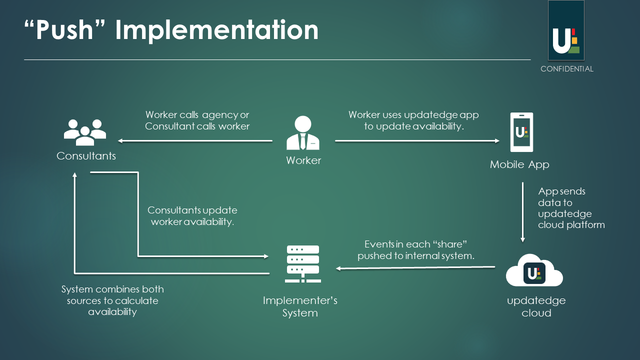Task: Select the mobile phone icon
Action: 521,132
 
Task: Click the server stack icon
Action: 302,264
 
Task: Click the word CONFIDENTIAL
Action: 566,69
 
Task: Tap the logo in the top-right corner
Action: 566,31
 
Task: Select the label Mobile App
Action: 519,164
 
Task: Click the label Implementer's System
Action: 300,306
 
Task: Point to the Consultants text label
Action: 86,156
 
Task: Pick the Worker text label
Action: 303,160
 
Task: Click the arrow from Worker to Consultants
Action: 195,141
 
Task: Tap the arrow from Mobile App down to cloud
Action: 522,212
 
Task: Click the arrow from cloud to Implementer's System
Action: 415,268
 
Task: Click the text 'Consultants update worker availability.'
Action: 192,216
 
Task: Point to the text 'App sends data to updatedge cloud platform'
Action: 571,208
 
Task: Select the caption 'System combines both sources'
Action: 112,300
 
